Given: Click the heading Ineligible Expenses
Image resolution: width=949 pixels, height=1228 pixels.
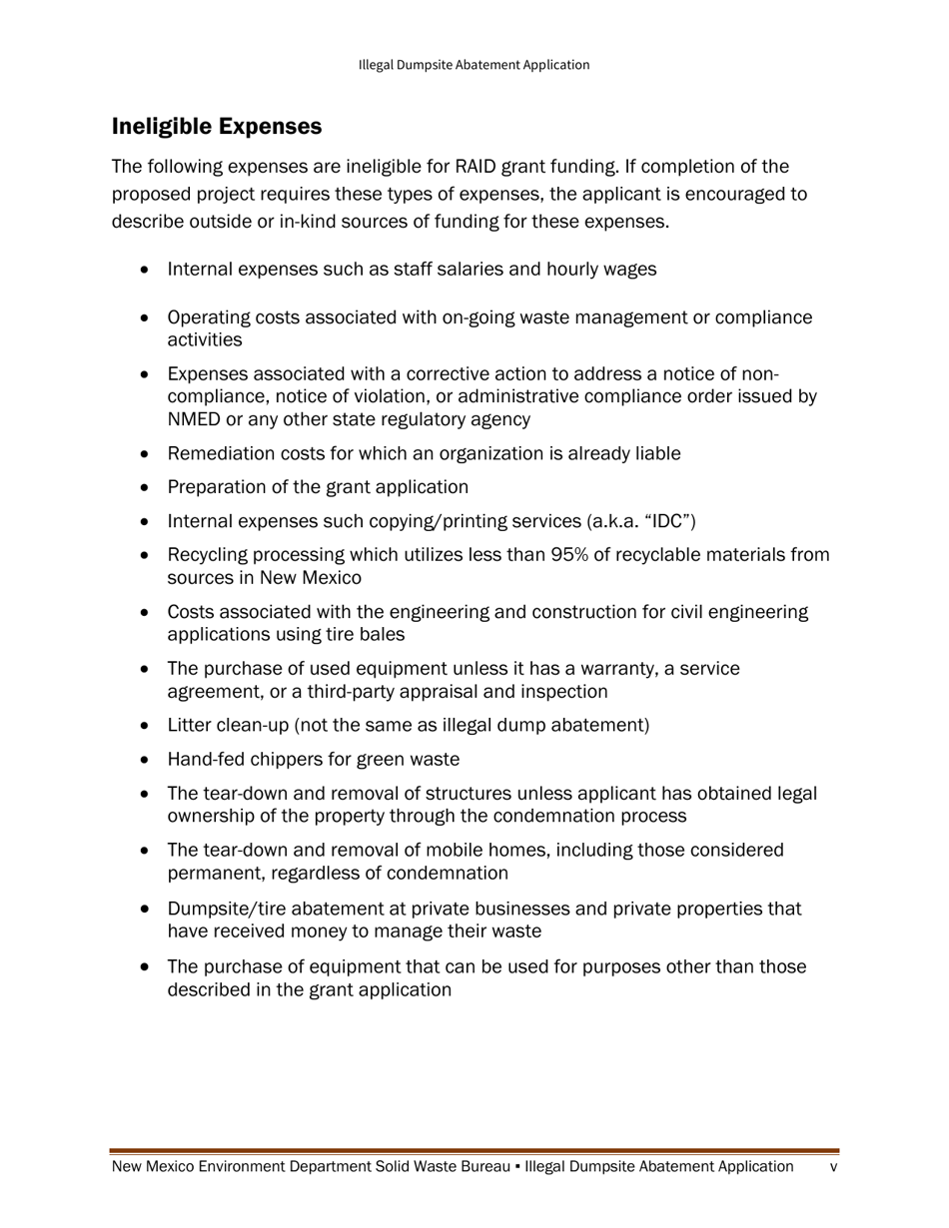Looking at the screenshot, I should pos(217,127).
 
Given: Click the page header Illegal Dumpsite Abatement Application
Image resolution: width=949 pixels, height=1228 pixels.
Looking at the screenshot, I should pos(474,65).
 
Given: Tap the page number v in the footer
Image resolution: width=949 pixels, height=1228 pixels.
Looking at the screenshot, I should pos(833,1167).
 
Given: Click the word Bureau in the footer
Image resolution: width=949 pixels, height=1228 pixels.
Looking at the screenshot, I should pos(476,1167).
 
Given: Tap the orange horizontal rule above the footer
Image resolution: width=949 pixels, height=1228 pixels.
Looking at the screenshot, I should pos(474,1151).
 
